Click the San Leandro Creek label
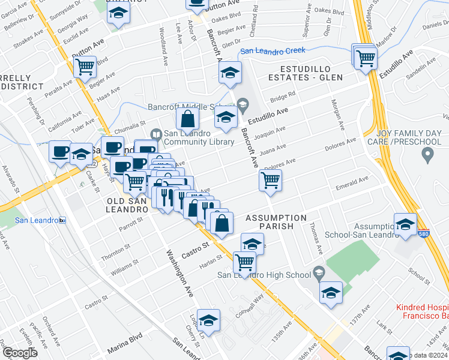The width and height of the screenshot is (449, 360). click(x=273, y=51)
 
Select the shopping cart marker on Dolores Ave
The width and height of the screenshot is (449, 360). click(x=271, y=179)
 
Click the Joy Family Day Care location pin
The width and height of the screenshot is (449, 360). click(x=427, y=156)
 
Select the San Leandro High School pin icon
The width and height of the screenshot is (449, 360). click(x=318, y=274)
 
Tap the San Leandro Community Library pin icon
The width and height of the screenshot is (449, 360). click(x=156, y=134)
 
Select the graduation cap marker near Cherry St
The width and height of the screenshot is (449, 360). click(x=208, y=321)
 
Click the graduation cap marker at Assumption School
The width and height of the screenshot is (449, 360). click(x=406, y=224)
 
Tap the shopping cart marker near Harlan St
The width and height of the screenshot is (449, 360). click(x=244, y=262)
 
